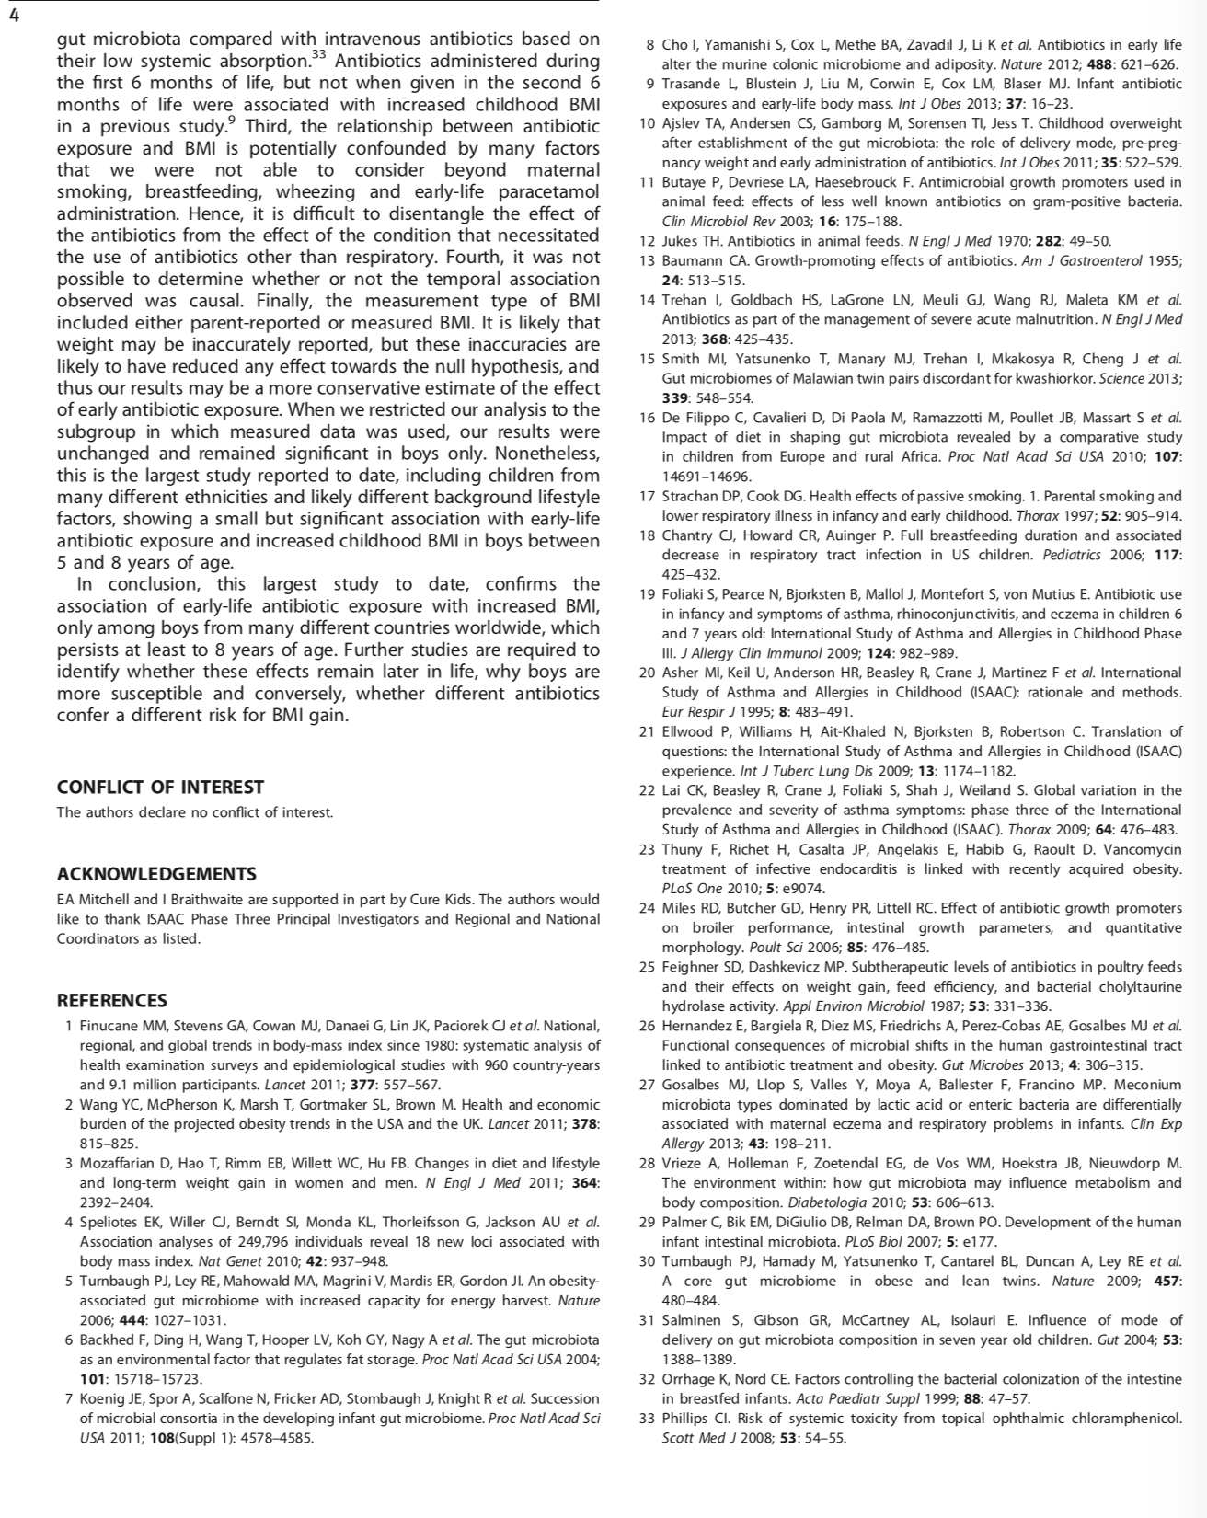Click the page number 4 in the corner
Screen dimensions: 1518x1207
point(12,12)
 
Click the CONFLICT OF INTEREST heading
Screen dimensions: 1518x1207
point(160,787)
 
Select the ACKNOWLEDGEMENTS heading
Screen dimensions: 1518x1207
point(156,874)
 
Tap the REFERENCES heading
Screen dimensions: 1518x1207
point(112,1000)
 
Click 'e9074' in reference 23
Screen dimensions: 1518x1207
point(802,889)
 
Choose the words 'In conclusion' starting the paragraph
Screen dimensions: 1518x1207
point(136,584)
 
